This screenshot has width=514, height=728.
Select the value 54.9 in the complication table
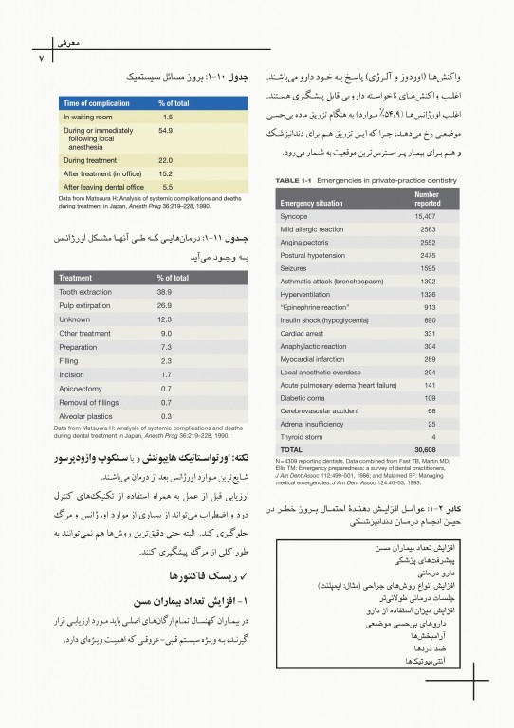point(165,129)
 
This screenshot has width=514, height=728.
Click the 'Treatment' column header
point(76,278)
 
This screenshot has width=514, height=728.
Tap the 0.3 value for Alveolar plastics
point(166,415)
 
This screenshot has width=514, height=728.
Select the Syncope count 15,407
point(426,216)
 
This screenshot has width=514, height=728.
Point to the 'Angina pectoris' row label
point(308,242)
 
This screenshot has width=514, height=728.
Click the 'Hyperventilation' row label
point(310,294)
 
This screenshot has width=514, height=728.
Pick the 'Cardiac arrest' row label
point(303,333)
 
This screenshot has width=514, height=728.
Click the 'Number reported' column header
point(427,198)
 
